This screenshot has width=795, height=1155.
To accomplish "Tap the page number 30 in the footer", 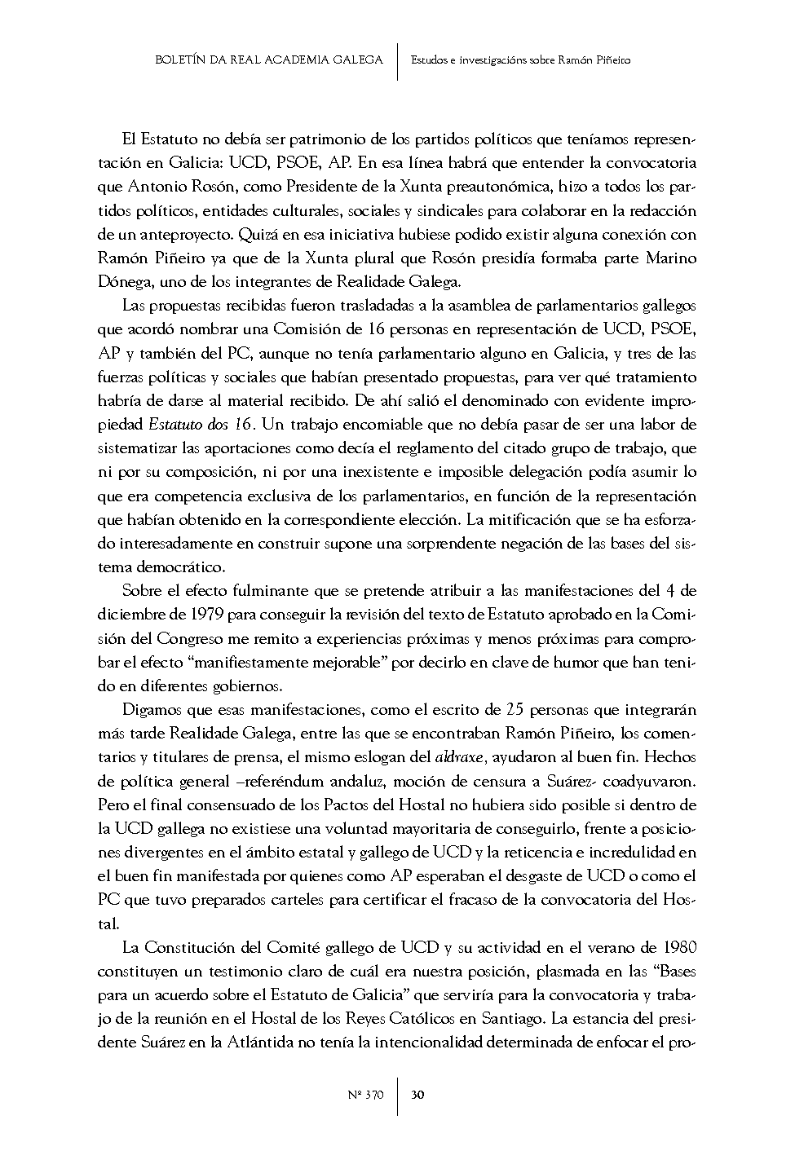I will pyautogui.click(x=417, y=1095).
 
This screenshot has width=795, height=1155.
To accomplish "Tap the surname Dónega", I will pyautogui.click(x=122, y=282).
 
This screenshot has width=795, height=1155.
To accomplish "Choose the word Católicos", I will pyautogui.click(x=446, y=1019).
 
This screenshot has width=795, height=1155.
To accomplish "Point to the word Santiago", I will pyautogui.click(x=514, y=1019).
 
